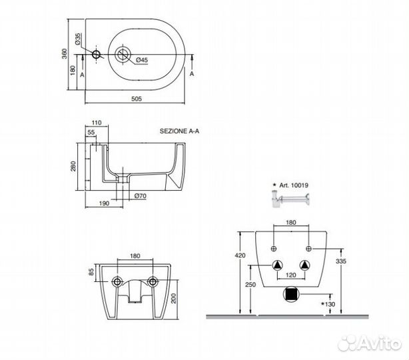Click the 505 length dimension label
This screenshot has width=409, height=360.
pos(137,99)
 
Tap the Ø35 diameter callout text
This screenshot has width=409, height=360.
pos(78,39)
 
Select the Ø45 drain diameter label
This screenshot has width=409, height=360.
pos(142,60)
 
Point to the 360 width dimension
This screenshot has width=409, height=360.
pos(65,53)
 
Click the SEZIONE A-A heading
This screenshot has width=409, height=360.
pos(179,131)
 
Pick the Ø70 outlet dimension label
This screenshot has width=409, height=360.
pos(141,196)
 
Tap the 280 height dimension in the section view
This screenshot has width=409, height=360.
pos(73,166)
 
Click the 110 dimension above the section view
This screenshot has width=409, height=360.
pos(97,123)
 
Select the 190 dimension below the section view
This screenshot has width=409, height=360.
pos(104,203)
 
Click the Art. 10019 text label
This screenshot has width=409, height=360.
pos(294,185)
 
